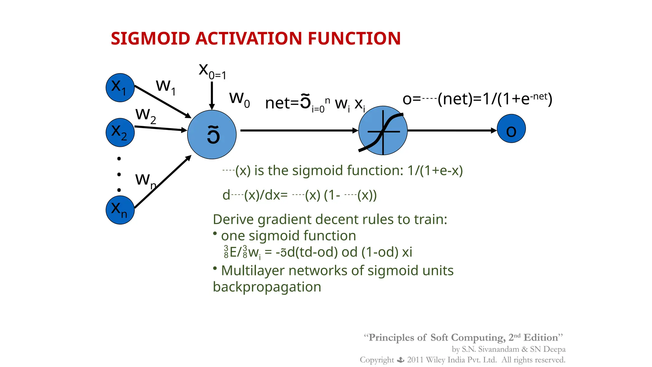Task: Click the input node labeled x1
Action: (120, 88)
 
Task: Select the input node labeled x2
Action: (120, 133)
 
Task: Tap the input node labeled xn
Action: (120, 210)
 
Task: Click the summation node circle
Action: (212, 134)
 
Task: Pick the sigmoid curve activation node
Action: (383, 131)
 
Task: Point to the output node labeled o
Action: (511, 129)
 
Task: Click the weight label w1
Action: (165, 86)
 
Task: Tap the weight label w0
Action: (239, 99)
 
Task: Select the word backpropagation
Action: (267, 287)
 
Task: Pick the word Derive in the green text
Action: (233, 219)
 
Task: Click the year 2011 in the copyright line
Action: (415, 360)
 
